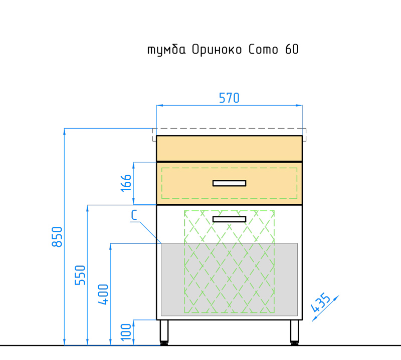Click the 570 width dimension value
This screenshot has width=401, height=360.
tap(229, 98)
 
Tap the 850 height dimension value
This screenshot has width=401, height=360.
tap(57, 237)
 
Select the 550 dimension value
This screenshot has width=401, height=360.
tap(80, 275)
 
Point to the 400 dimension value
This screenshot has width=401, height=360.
tap(103, 294)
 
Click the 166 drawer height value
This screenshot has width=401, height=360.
tap(126, 183)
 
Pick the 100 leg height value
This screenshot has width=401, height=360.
tap(126, 332)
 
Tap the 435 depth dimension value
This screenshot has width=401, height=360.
tap(320, 303)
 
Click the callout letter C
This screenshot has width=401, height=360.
tap(134, 215)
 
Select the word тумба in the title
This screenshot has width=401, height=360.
tap(166, 50)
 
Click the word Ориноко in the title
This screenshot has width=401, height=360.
tap(217, 49)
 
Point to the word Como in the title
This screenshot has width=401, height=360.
tap(263, 49)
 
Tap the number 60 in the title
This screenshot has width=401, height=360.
tap(292, 49)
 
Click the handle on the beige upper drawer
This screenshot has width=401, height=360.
tap(230, 183)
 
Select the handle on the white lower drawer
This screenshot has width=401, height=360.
tap(230, 219)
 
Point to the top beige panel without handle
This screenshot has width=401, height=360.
tap(230, 148)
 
